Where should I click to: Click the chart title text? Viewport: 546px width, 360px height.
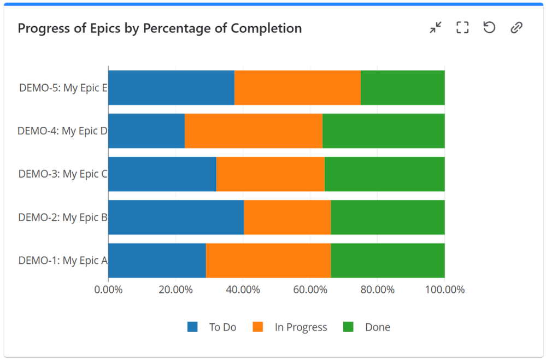click(x=160, y=28)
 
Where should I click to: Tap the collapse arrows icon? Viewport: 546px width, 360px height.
click(x=436, y=28)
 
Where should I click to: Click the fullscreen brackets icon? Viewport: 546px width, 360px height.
click(x=462, y=28)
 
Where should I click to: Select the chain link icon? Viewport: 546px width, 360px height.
click(x=516, y=28)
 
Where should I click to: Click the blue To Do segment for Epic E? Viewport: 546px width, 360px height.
click(x=171, y=87)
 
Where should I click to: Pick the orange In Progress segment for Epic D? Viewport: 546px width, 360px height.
click(x=253, y=131)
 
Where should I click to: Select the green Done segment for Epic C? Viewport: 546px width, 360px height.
click(x=384, y=174)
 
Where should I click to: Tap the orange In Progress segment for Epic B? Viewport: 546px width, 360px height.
click(x=287, y=217)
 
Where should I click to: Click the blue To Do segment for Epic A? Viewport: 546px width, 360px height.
click(x=157, y=260)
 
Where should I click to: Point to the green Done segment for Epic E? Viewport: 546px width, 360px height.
click(x=402, y=87)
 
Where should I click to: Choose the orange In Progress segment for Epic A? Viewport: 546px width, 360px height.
click(x=268, y=260)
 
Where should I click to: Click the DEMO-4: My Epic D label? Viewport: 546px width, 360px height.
click(x=62, y=131)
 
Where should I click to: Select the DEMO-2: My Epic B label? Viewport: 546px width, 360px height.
click(x=63, y=217)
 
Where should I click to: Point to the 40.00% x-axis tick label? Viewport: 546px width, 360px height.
click(x=243, y=290)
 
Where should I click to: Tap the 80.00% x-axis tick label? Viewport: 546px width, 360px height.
click(x=377, y=290)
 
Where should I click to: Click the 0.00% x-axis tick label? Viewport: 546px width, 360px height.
click(x=108, y=290)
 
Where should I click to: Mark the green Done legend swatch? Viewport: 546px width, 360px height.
click(x=348, y=327)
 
